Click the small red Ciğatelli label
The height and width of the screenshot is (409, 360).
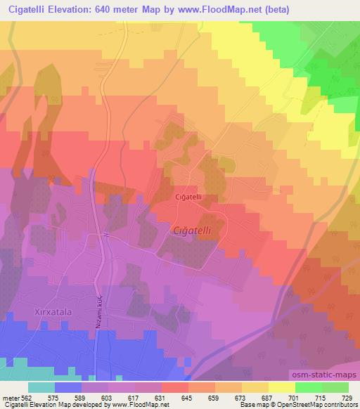click(x=188, y=197)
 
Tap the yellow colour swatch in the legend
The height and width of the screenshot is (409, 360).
click(x=281, y=387)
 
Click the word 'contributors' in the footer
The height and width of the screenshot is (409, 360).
click(x=340, y=405)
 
